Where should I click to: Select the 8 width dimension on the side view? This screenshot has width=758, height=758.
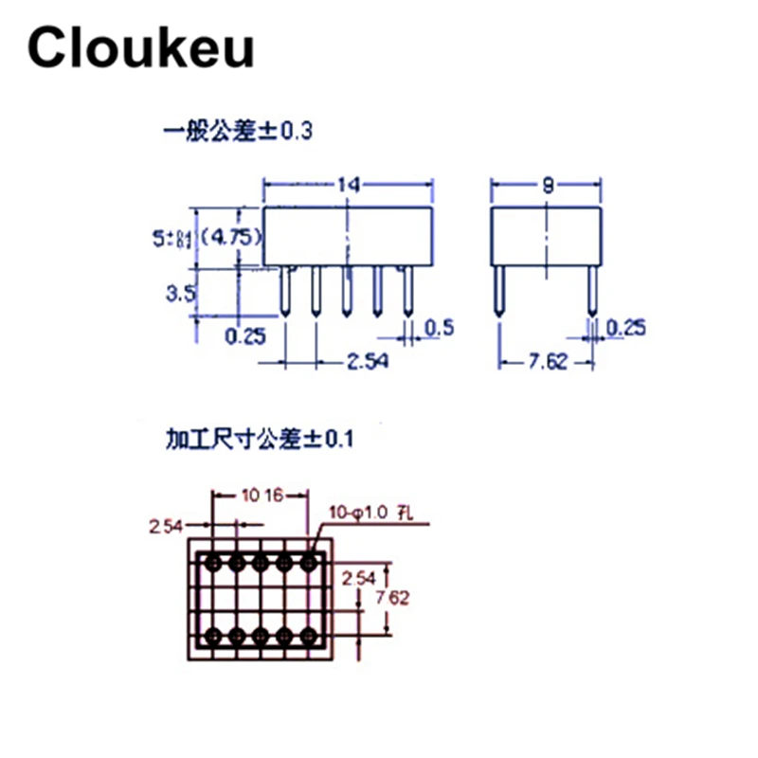click(x=547, y=186)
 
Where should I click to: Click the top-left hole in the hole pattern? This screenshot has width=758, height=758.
click(x=214, y=563)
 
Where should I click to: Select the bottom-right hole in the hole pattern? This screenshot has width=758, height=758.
click(x=307, y=634)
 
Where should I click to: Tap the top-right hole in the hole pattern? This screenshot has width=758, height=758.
click(x=307, y=563)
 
